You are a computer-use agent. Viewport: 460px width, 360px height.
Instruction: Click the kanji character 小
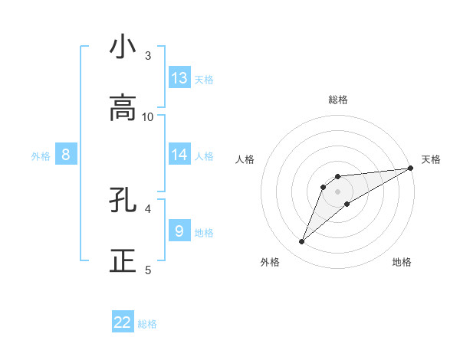click(x=123, y=47)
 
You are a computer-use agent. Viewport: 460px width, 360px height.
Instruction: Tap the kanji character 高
click(x=123, y=108)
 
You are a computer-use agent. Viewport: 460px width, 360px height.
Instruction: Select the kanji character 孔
click(x=123, y=200)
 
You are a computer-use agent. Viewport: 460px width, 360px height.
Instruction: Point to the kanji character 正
click(x=123, y=261)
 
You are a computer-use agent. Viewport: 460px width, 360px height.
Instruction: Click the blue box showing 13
click(x=179, y=78)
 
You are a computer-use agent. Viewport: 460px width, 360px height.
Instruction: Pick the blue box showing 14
click(x=179, y=155)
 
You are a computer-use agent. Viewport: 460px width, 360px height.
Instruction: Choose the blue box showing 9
click(x=179, y=231)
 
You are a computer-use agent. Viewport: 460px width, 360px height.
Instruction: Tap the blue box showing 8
click(x=66, y=155)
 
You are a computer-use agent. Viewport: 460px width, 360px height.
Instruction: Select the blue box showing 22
click(x=123, y=322)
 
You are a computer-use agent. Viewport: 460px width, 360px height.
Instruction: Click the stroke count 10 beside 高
click(x=148, y=116)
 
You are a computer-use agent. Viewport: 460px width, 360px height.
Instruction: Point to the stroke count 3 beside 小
click(x=148, y=55)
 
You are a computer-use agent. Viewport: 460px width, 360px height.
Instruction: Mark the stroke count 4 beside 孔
click(x=148, y=208)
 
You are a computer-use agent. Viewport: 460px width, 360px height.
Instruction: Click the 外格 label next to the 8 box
click(x=41, y=156)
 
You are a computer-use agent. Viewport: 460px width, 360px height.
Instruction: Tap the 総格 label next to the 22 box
click(x=147, y=324)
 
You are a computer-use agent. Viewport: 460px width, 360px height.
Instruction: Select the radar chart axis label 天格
click(x=431, y=159)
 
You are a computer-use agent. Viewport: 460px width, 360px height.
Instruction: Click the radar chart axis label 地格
click(x=402, y=262)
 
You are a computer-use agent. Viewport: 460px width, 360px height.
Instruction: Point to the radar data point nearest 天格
click(x=411, y=169)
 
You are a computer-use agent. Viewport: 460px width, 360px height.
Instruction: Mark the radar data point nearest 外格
click(x=301, y=242)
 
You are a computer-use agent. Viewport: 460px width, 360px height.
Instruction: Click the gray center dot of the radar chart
click(x=337, y=191)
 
